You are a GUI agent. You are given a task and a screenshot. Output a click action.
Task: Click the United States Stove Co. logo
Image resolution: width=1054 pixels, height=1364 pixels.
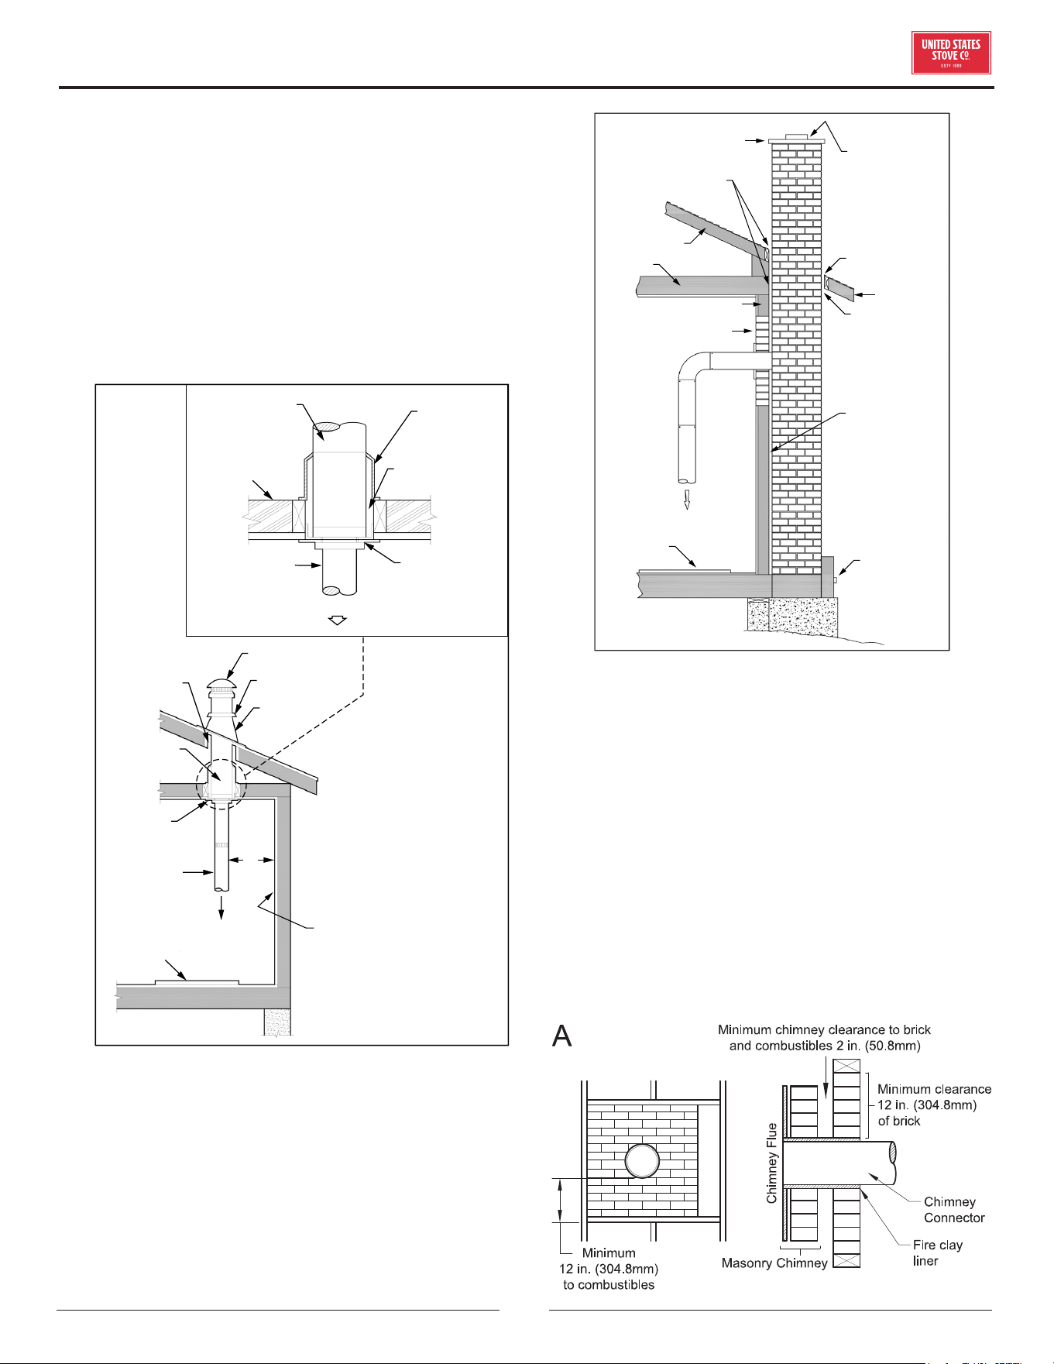point(951,53)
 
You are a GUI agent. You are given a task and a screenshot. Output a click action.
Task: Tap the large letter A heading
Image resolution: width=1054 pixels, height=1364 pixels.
point(562,1036)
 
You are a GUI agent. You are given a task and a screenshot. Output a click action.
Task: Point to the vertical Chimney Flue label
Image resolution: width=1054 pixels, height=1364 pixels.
point(771,1163)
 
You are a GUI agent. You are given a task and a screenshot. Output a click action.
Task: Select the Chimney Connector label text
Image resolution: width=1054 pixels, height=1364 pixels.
point(954,1210)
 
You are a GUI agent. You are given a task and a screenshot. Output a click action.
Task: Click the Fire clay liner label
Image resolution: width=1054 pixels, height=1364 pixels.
point(937,1252)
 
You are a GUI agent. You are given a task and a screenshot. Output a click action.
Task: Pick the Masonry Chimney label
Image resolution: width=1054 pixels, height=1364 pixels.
point(774,1263)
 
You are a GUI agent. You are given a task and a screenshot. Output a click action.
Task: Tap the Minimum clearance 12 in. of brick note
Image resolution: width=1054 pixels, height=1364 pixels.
point(934,1105)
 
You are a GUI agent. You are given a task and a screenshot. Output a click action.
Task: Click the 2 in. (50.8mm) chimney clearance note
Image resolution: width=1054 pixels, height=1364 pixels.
point(825,1038)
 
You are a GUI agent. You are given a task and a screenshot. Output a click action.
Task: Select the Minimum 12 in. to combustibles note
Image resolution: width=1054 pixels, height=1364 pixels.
point(609,1269)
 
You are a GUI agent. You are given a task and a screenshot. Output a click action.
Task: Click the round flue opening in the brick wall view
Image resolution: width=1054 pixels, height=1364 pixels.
point(642,1162)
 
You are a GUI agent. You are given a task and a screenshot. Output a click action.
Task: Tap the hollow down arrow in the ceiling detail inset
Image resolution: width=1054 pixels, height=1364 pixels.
point(338,620)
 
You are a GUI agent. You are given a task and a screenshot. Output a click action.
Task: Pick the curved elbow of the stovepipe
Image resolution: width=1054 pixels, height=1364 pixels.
point(695,366)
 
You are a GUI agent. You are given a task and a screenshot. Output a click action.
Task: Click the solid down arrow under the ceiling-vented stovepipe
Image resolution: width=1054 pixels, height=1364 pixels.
point(222,907)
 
